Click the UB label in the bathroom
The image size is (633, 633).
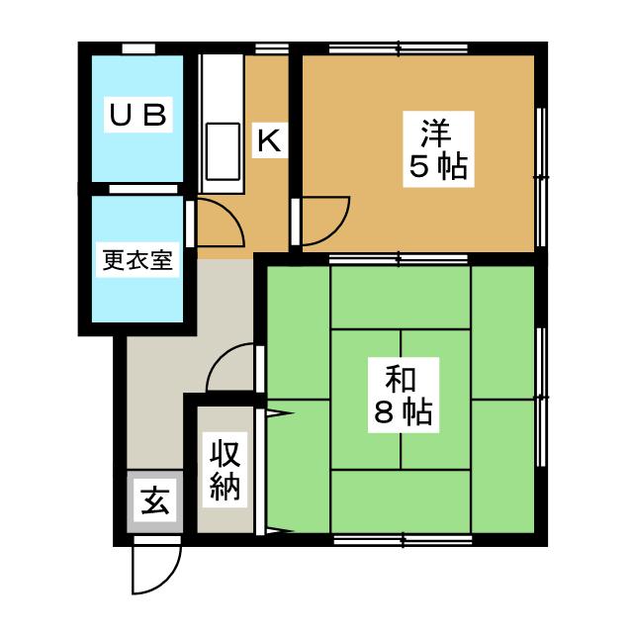pyautogui.click(x=137, y=115)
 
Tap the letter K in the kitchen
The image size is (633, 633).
pyautogui.click(x=268, y=140)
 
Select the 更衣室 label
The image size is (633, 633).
pyautogui.click(x=137, y=260)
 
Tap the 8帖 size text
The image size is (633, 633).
pyautogui.click(x=403, y=413)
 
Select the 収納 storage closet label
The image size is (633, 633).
pyautogui.click(x=226, y=470)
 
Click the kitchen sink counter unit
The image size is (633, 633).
pyautogui.click(x=219, y=124)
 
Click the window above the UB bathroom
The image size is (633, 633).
pyautogui.click(x=137, y=47)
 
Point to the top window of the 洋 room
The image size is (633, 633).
pyautogui.click(x=399, y=46)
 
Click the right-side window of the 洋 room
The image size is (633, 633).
pyautogui.click(x=541, y=176)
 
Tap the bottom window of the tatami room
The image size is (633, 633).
pyautogui.click(x=402, y=539)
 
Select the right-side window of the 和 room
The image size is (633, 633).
pyautogui.click(x=541, y=396)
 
